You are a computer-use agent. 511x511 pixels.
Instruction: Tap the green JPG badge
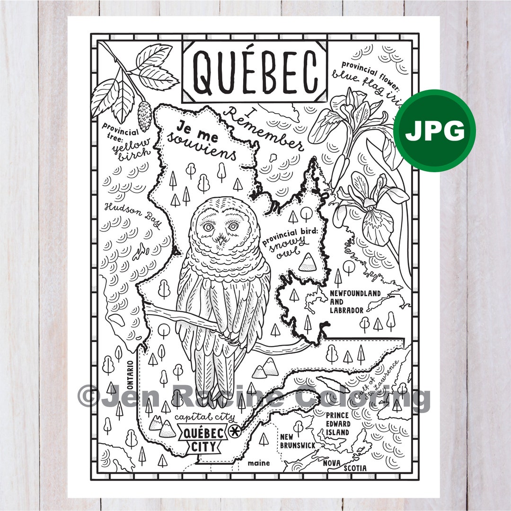[434, 131]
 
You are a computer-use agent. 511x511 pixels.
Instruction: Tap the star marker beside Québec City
[233, 432]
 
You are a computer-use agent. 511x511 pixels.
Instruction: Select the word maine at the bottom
[258, 463]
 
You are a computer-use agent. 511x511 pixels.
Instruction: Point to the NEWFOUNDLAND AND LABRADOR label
[354, 302]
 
